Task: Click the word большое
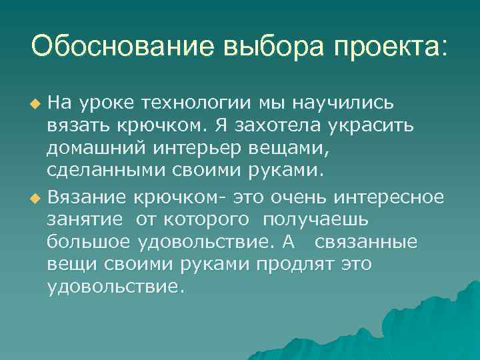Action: pos(90,242)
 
